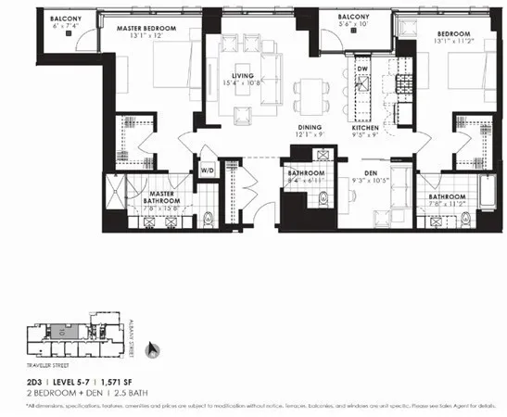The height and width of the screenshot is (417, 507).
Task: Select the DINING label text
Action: point(310,128)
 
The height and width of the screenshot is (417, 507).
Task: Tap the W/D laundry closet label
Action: point(208,171)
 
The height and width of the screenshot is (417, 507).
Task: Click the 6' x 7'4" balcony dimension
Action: point(65,27)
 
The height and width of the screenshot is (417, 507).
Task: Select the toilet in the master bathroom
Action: point(210,219)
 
